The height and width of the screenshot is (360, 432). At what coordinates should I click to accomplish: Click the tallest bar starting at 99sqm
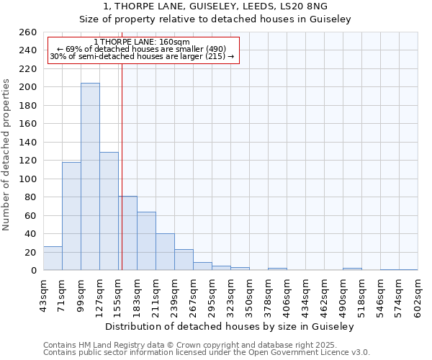click(x=90, y=176)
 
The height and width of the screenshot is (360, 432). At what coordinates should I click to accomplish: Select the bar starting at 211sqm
click(x=165, y=252)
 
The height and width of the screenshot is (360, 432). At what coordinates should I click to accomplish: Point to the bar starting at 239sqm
click(x=184, y=260)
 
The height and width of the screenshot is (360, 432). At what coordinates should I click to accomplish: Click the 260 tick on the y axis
click(x=28, y=32)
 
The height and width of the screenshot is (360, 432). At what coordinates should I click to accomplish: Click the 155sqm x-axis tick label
click(x=118, y=294)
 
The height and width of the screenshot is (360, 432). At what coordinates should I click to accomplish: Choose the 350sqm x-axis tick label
click(x=249, y=294)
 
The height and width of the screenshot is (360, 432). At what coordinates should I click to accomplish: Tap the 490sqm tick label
click(x=343, y=294)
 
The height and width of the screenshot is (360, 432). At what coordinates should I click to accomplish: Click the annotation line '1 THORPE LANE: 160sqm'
click(x=142, y=42)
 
